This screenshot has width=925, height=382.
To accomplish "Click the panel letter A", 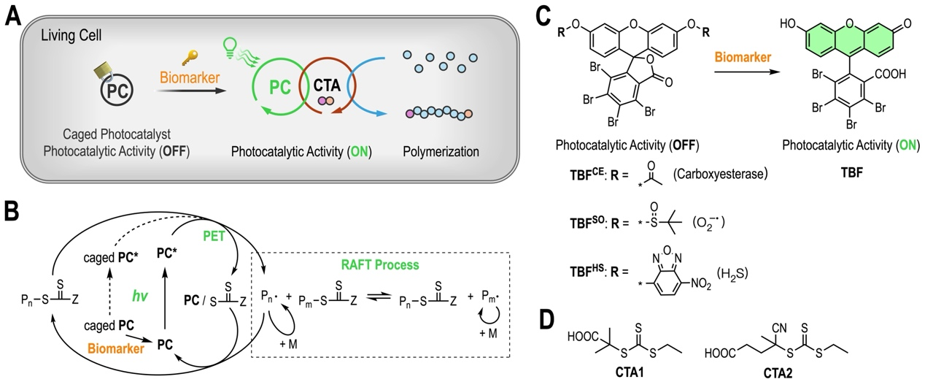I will [x=12, y=15].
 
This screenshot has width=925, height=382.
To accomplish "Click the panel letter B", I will [x=12, y=212].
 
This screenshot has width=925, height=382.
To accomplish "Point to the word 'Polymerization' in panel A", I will [x=442, y=153].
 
